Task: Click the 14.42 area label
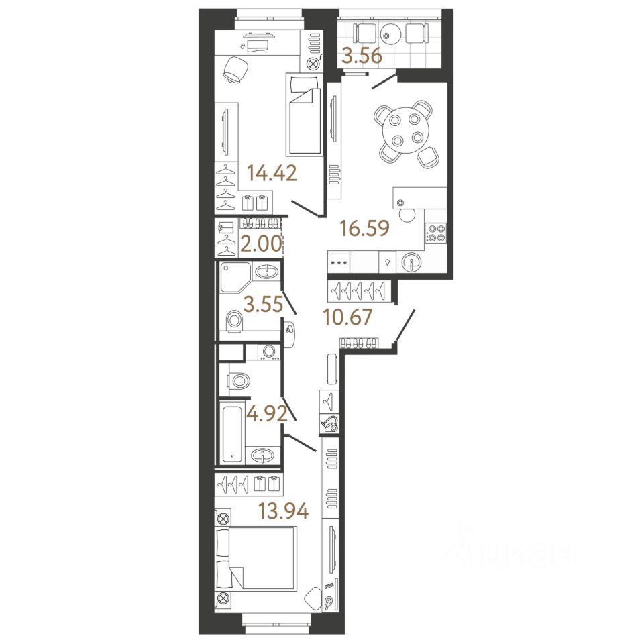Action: [272, 174]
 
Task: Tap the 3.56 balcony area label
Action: [362, 56]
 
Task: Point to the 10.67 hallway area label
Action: [347, 316]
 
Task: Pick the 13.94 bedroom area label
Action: [283, 513]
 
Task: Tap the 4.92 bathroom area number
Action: [267, 413]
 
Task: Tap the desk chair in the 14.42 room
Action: [235, 68]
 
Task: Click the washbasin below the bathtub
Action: [262, 456]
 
